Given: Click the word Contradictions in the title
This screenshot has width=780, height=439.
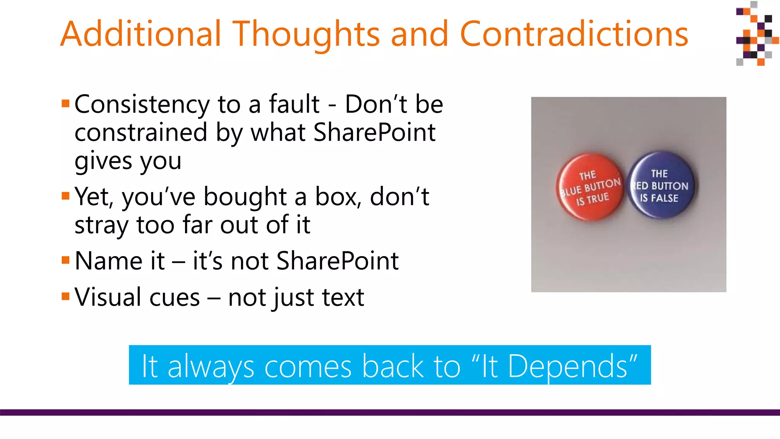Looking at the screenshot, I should pyautogui.click(x=574, y=34).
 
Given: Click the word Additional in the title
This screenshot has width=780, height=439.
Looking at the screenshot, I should pyautogui.click(x=141, y=34).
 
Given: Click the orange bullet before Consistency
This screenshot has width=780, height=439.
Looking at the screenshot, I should pyautogui.click(x=66, y=103).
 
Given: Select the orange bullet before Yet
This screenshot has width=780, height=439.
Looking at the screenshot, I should pyautogui.click(x=66, y=196).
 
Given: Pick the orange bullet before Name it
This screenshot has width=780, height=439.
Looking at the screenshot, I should pyautogui.click(x=66, y=260).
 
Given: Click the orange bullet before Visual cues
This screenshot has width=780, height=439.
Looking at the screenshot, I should pyautogui.click(x=66, y=296).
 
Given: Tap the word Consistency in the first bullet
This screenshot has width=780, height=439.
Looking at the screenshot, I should pyautogui.click(x=142, y=105).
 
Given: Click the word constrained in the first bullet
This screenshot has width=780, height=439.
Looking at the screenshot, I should pyautogui.click(x=141, y=133).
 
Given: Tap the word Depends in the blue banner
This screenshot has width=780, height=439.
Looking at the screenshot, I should pyautogui.click(x=567, y=366).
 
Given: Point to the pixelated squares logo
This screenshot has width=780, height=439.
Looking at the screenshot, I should pyautogui.click(x=756, y=34).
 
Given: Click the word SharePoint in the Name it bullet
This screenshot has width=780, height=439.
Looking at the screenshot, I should pyautogui.click(x=337, y=261).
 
